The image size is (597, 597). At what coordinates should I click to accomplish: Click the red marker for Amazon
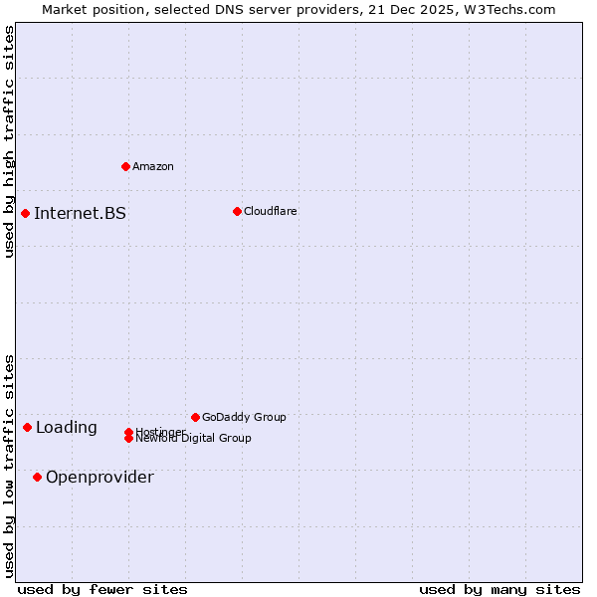[x=125, y=166]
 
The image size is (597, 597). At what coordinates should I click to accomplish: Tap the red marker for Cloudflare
[x=237, y=211]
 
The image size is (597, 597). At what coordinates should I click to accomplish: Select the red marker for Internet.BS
[x=25, y=213]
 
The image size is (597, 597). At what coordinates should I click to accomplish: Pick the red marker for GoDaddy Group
[x=195, y=417]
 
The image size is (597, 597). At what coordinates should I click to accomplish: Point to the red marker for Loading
[x=27, y=427]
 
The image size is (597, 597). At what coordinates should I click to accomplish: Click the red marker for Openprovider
[x=37, y=477]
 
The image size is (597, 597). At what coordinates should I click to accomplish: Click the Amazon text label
[x=152, y=166]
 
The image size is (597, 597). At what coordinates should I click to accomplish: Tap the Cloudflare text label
[x=270, y=211]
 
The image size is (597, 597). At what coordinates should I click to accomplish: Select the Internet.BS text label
[x=80, y=213]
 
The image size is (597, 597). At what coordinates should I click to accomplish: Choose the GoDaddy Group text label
[x=244, y=417]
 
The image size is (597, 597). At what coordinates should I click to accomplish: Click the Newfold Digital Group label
[x=193, y=439]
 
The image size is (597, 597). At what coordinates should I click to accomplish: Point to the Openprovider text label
[x=99, y=477]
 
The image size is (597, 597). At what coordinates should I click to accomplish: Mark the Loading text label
[x=66, y=427]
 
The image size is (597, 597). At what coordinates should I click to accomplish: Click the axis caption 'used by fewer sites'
[x=102, y=589]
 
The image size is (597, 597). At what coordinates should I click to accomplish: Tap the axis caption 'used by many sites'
[x=499, y=589]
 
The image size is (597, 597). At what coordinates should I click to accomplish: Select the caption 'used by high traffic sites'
[x=9, y=141]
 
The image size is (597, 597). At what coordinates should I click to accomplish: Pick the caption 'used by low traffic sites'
[x=9, y=466]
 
